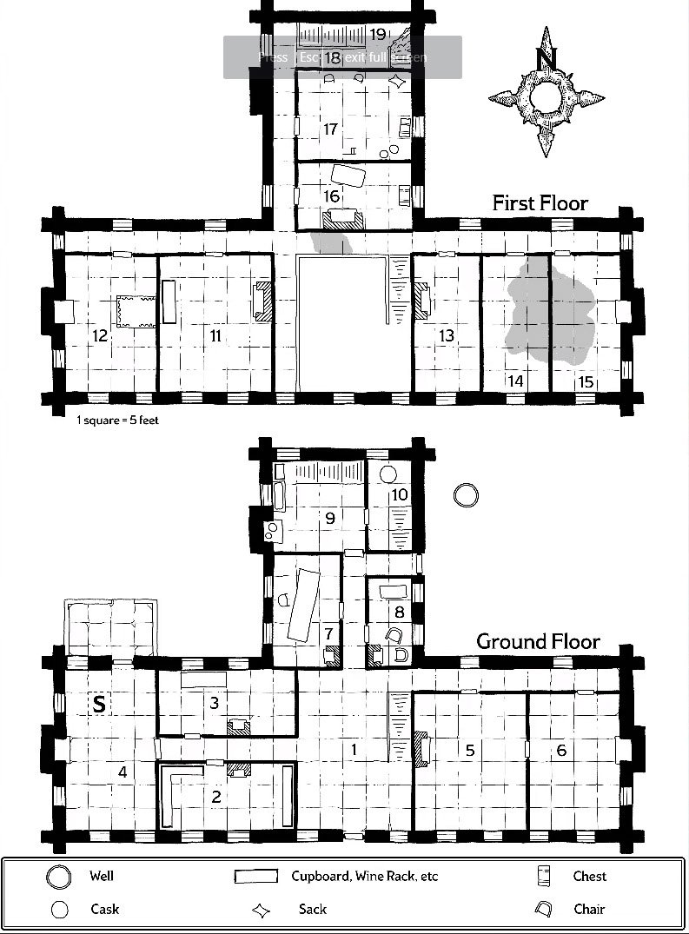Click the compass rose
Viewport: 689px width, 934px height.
546,91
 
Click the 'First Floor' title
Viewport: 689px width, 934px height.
540,203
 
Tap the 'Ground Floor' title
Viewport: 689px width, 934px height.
538,642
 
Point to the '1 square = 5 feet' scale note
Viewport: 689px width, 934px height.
117,421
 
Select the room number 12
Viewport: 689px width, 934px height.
100,335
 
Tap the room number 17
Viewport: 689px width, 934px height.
329,129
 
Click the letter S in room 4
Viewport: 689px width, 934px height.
99,705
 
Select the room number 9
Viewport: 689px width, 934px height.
329,519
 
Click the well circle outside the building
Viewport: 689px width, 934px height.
467,495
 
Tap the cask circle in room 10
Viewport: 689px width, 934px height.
388,474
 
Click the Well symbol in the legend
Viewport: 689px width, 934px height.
59,877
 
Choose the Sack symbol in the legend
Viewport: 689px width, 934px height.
262,910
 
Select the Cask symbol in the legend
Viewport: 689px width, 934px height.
59,910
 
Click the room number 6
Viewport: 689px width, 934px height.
561,750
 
